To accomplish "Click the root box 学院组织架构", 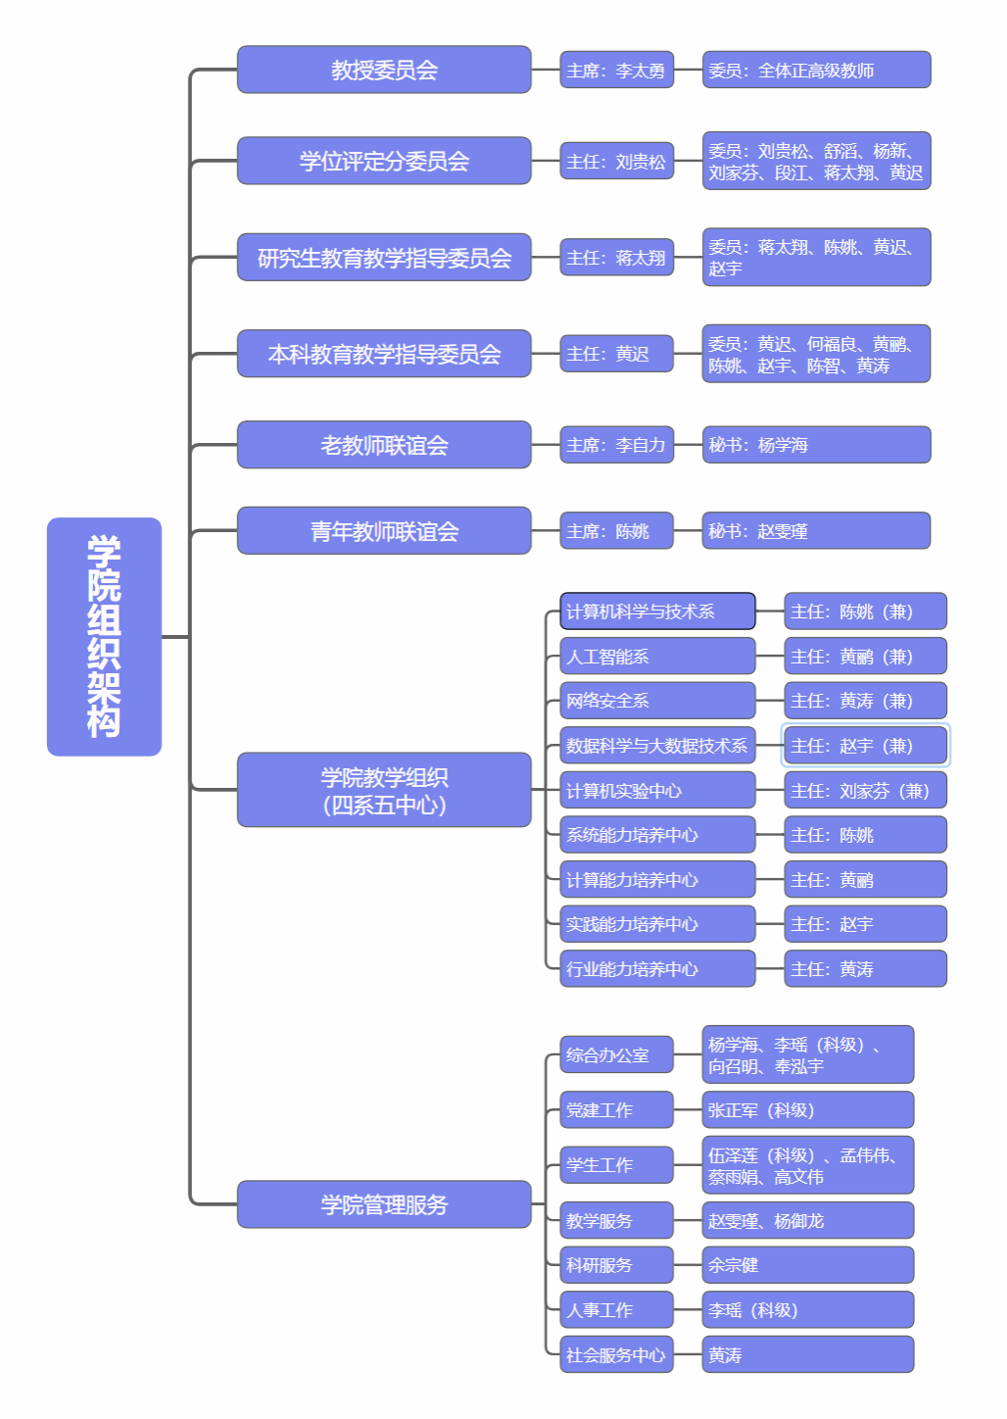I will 104,636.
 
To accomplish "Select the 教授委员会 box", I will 384,70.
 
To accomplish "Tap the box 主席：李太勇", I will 616,71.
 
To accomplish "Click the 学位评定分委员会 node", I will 384,161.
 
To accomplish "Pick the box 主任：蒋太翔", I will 616,258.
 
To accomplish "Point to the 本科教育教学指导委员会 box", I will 384,354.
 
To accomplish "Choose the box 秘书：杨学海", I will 816,445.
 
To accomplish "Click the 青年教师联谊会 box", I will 384,531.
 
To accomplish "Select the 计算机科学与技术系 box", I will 657,612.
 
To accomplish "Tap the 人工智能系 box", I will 657,657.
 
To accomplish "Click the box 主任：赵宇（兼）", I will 865,746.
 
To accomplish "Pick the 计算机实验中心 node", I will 657,791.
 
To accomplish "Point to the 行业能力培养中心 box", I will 657,969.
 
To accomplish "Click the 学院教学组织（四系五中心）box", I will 384,790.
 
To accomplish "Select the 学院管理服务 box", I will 384,1204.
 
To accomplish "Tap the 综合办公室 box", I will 616,1055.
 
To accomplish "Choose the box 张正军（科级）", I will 807,1110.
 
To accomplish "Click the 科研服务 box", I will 616,1265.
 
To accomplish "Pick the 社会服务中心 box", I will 616,1355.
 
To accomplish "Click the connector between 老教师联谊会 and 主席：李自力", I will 546,446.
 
